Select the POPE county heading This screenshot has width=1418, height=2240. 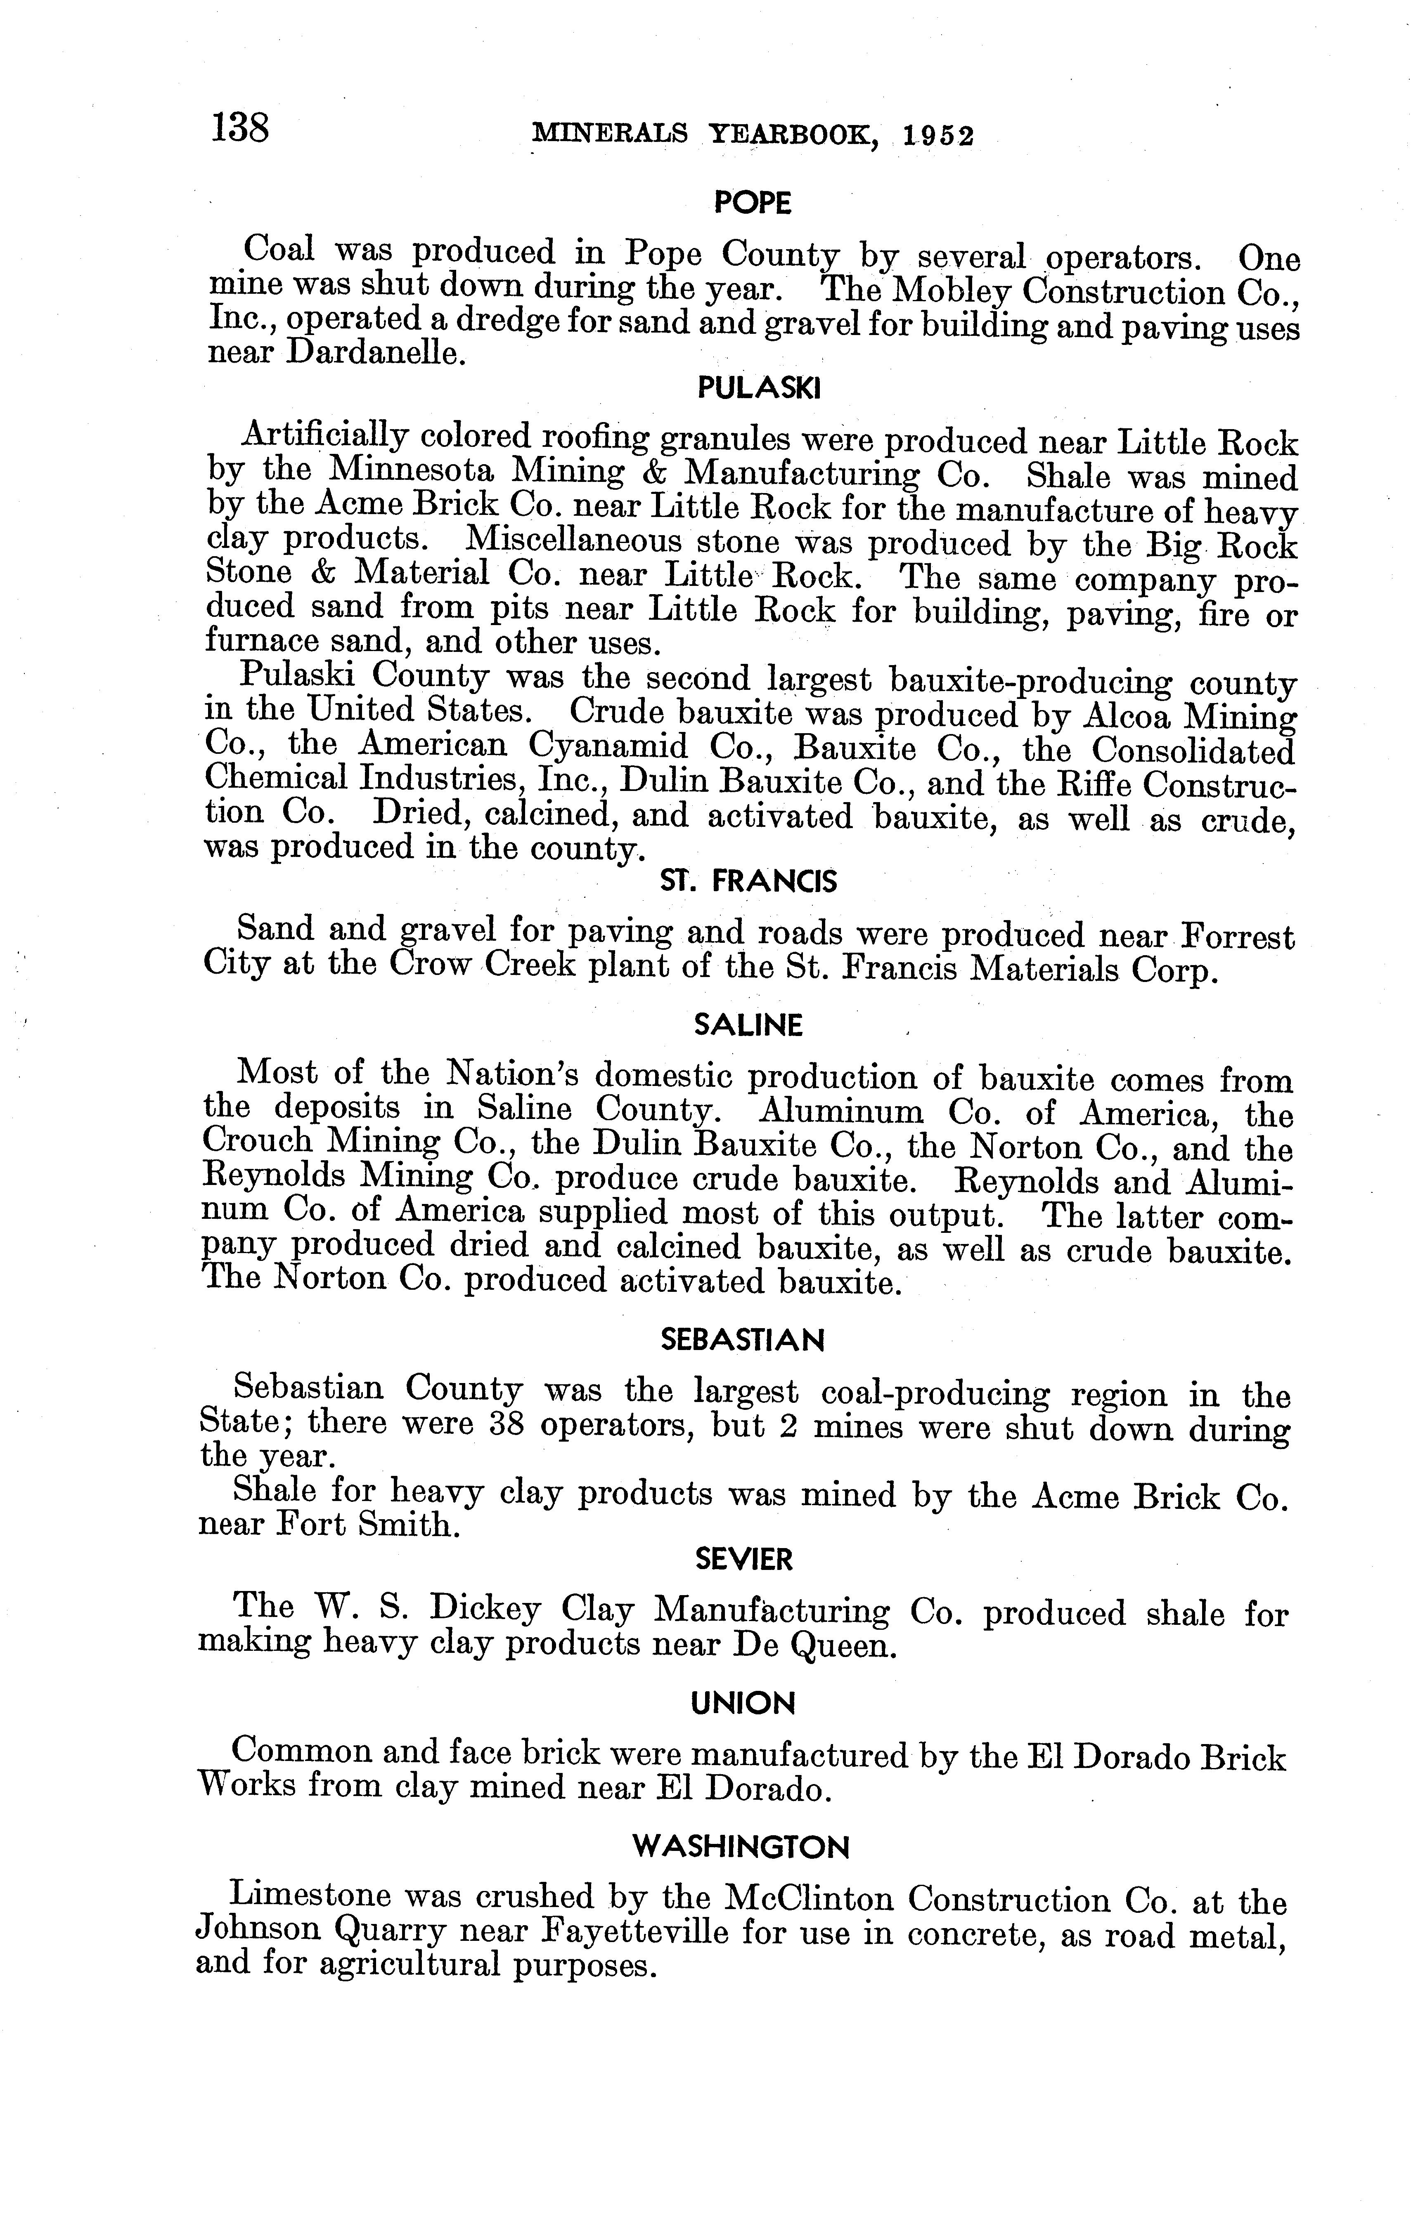click(x=752, y=203)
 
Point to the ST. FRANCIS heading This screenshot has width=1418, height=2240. click(x=748, y=881)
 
